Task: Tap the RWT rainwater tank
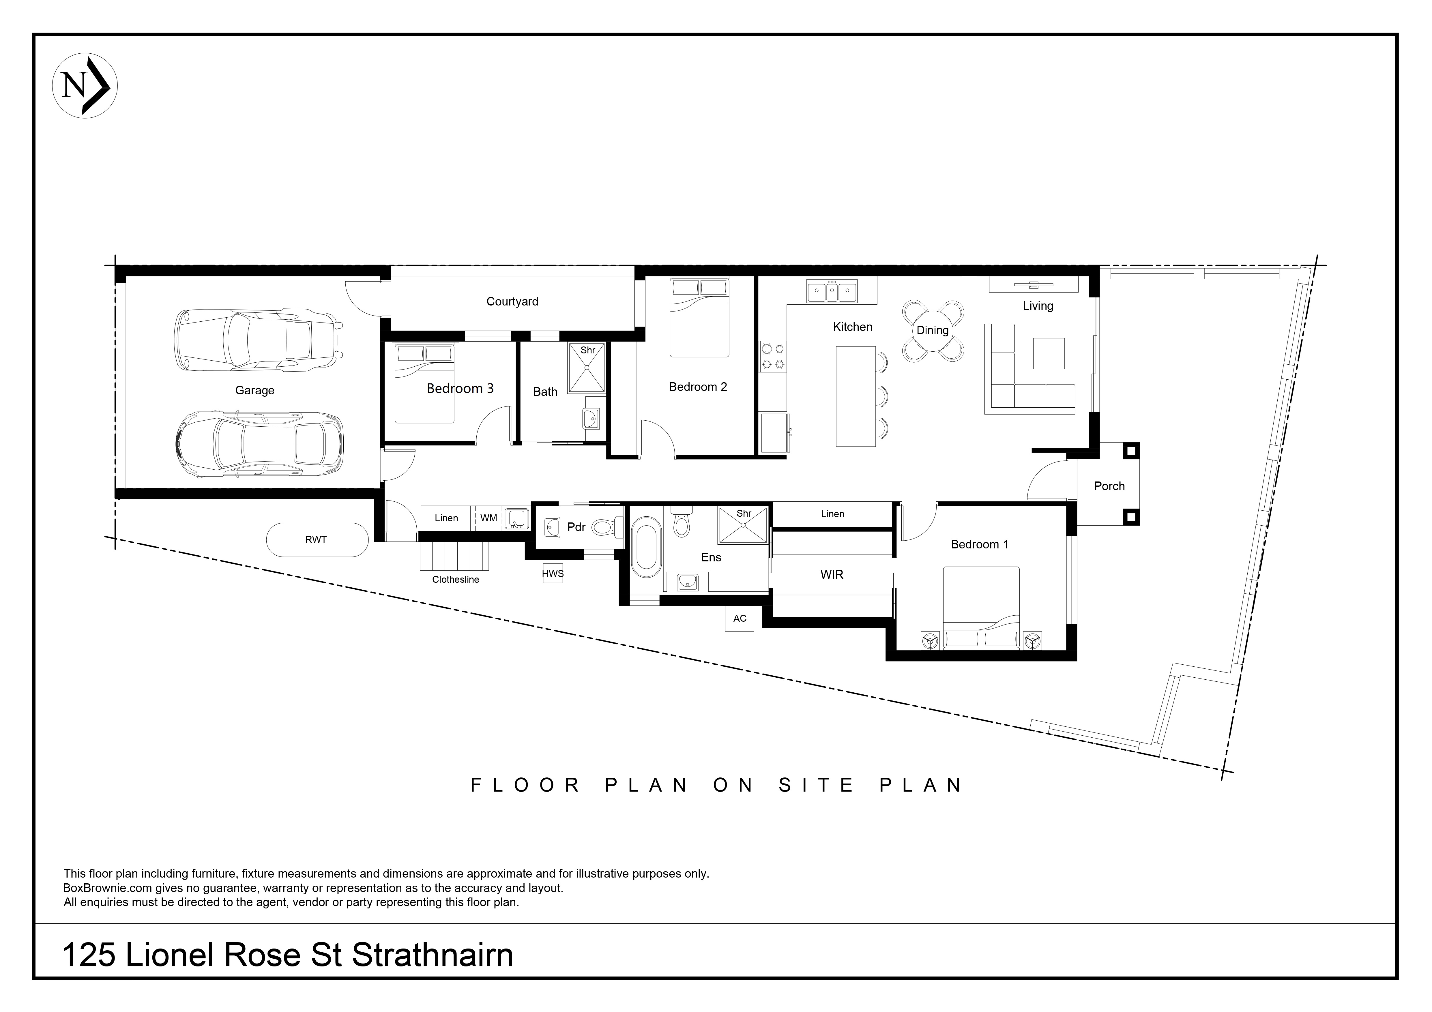(317, 539)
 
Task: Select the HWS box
(553, 573)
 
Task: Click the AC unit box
(740, 619)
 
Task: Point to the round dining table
(933, 331)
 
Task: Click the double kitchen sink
(831, 291)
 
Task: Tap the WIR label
(832, 574)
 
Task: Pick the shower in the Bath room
(587, 368)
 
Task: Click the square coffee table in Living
(1049, 354)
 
